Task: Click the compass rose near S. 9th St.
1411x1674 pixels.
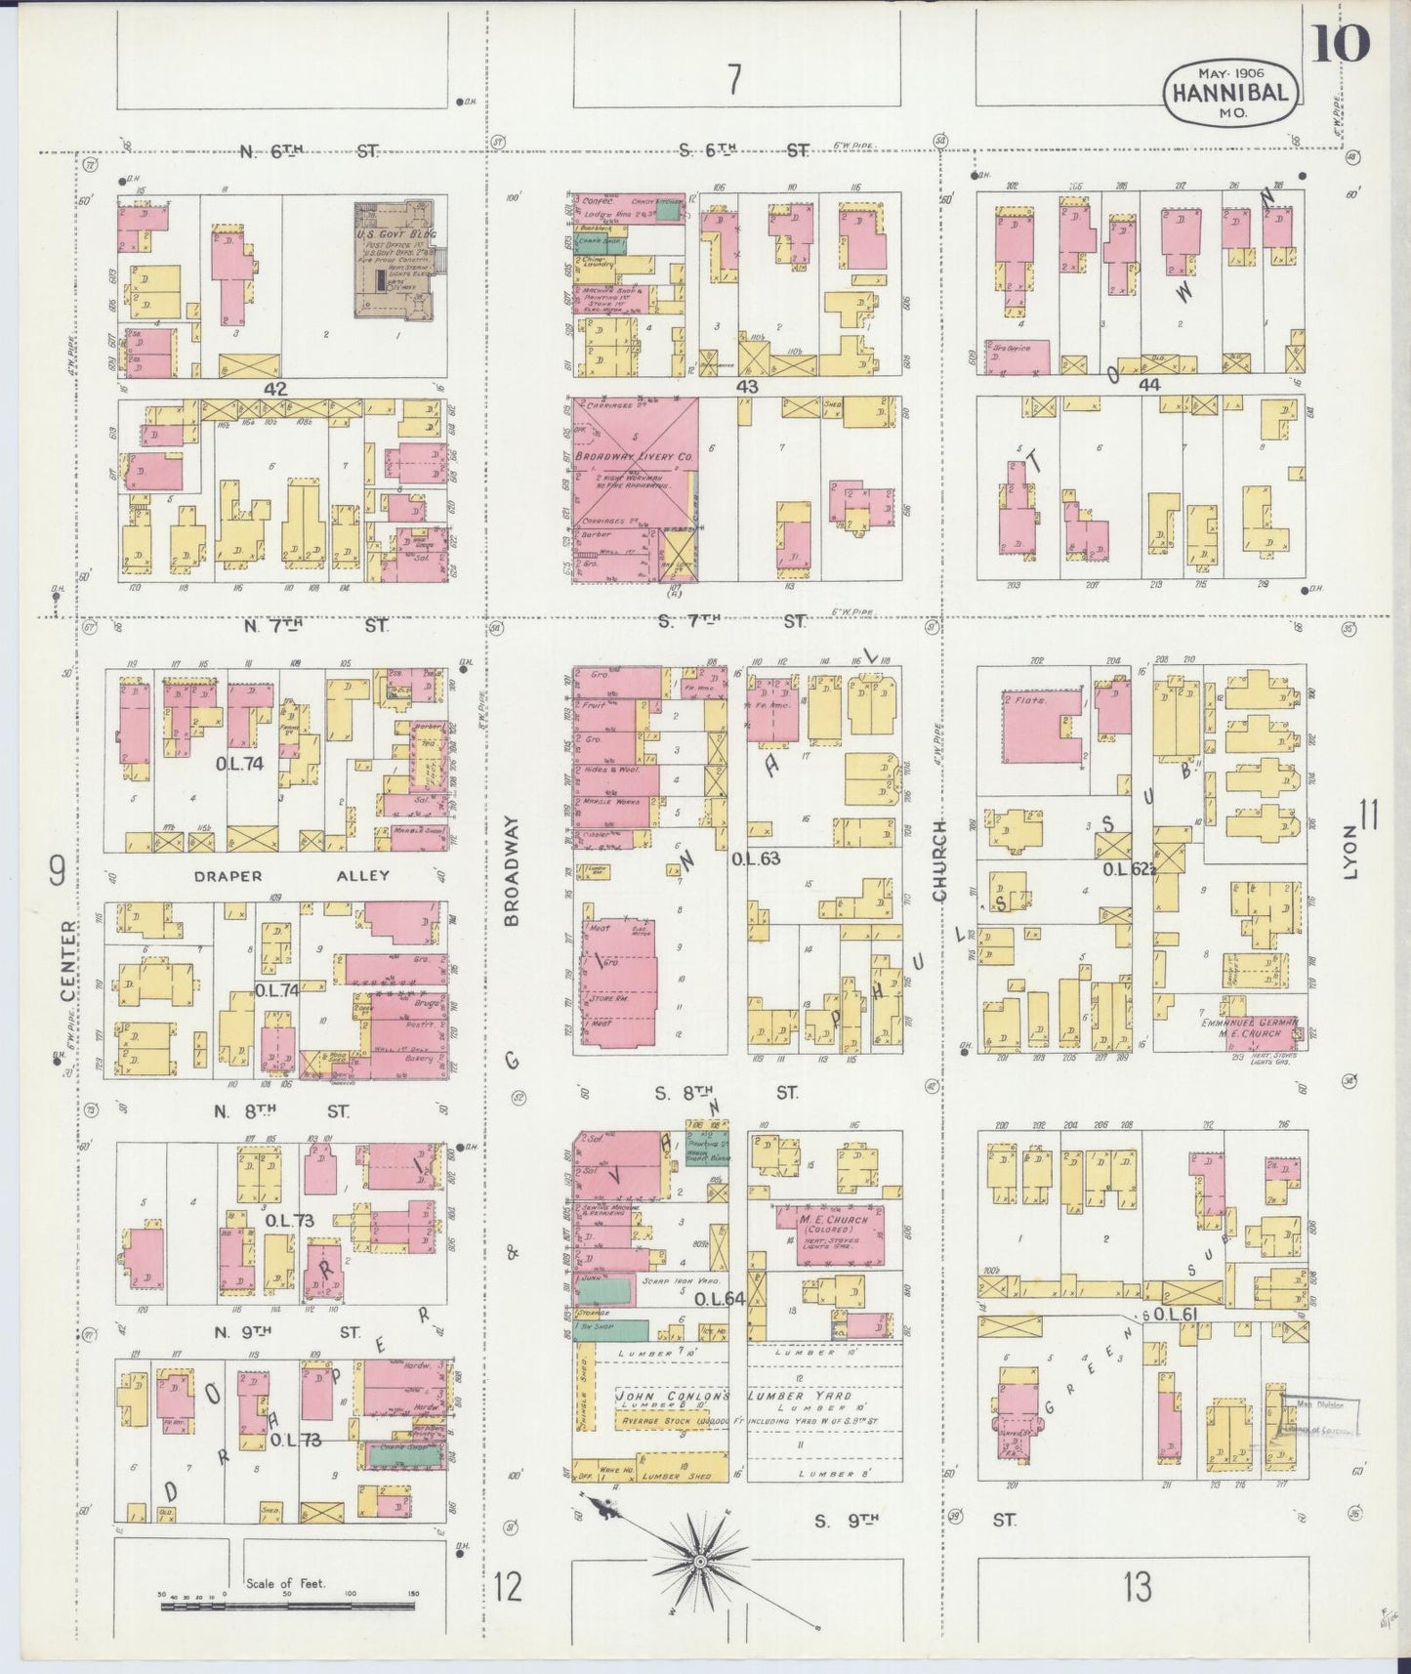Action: [x=700, y=1564]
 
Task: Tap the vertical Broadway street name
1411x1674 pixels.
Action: [x=513, y=870]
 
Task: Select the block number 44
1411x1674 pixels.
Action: [x=1148, y=385]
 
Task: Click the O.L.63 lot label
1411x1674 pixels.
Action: [x=755, y=858]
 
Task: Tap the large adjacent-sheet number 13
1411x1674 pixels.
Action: [x=1137, y=1586]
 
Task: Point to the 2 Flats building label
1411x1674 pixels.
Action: [x=1023, y=700]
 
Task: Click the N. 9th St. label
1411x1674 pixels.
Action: [x=294, y=1331]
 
